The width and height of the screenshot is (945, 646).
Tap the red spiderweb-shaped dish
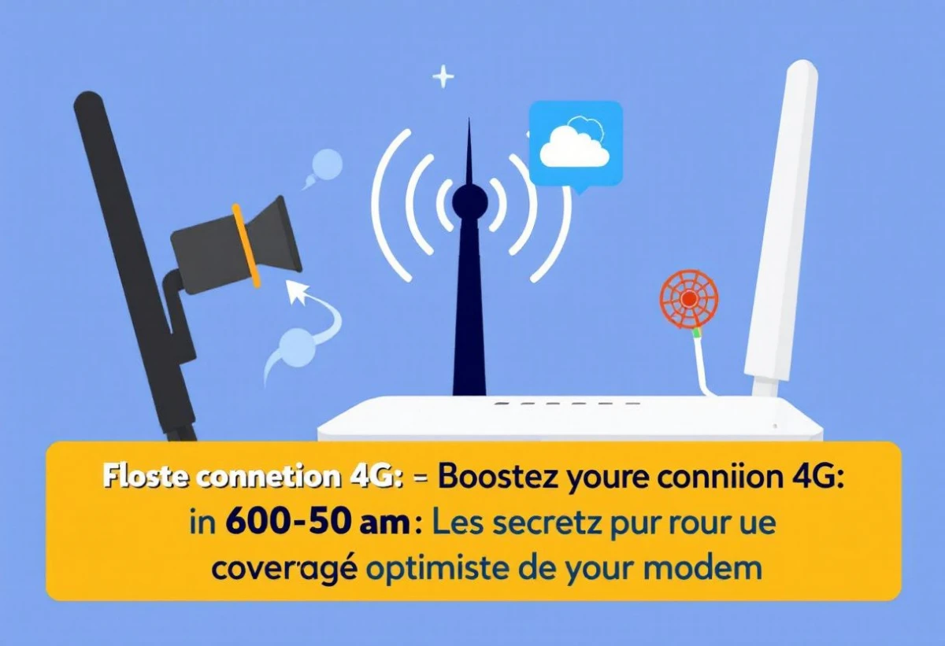tap(688, 299)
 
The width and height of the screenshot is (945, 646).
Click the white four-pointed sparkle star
tap(443, 77)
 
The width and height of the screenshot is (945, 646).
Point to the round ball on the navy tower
tap(469, 201)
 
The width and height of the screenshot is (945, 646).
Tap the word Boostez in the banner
tap(497, 478)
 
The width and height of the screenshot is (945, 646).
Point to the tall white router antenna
tap(780, 227)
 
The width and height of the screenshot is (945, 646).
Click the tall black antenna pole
tap(135, 266)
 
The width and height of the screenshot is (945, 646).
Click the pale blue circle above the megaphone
tap(327, 164)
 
